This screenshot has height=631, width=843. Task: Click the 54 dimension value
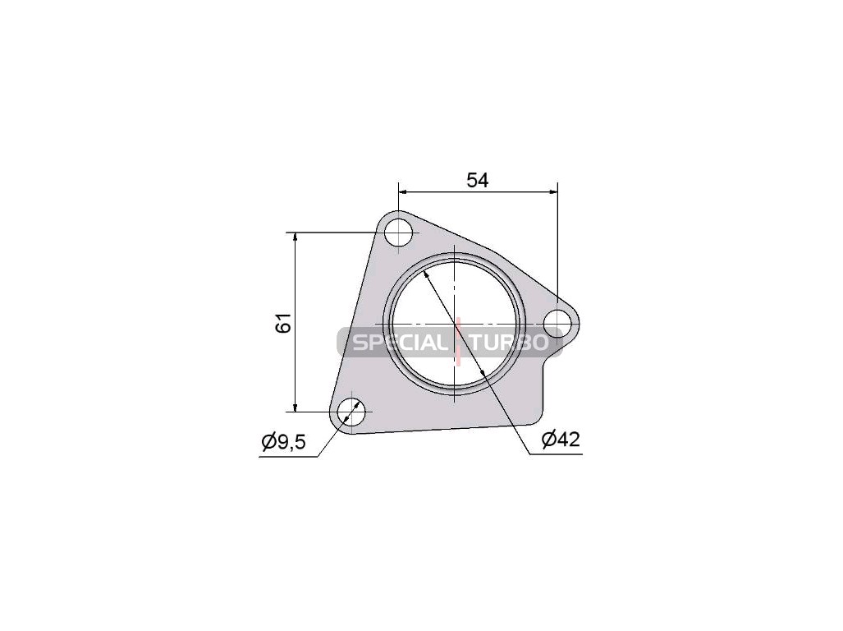tap(478, 180)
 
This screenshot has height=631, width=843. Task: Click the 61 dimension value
tap(283, 322)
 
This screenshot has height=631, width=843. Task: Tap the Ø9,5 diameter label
tap(283, 442)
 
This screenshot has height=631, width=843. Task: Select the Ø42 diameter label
tap(561, 440)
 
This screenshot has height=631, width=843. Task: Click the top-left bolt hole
tap(398, 233)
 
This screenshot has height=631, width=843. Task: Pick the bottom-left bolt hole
tap(351, 412)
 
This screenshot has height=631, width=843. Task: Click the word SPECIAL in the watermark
tap(398, 343)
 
